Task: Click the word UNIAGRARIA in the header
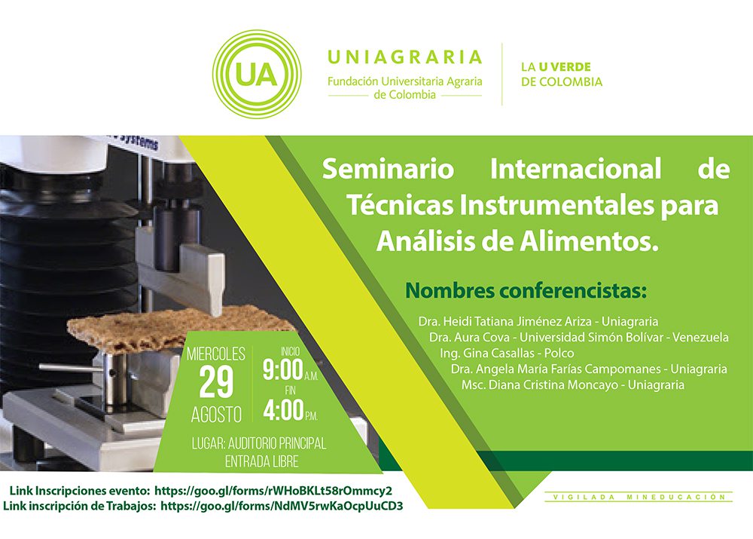pyautogui.click(x=404, y=57)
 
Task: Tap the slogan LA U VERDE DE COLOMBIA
pyautogui.click(x=562, y=74)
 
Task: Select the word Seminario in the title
pyautogui.click(x=388, y=169)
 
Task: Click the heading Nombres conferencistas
pyautogui.click(x=526, y=290)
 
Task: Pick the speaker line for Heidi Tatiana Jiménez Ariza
pyautogui.click(x=538, y=321)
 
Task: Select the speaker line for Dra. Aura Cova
pyautogui.click(x=578, y=337)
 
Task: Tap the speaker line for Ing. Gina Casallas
pyautogui.click(x=507, y=353)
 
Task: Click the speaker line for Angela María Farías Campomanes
pyautogui.click(x=589, y=369)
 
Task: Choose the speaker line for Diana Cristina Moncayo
pyautogui.click(x=573, y=384)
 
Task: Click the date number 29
pyautogui.click(x=216, y=382)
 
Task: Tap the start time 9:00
pyautogui.click(x=282, y=369)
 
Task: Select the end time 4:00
pyautogui.click(x=283, y=410)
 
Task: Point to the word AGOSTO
pyautogui.click(x=216, y=415)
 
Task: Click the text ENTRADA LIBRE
pyautogui.click(x=262, y=461)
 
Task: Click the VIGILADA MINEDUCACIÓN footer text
pyautogui.click(x=639, y=497)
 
